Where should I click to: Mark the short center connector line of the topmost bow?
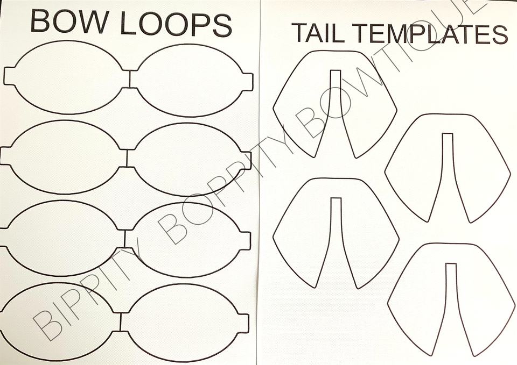[129, 80]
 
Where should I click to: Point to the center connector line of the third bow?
[125, 238]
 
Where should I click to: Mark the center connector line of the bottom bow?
[121, 322]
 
